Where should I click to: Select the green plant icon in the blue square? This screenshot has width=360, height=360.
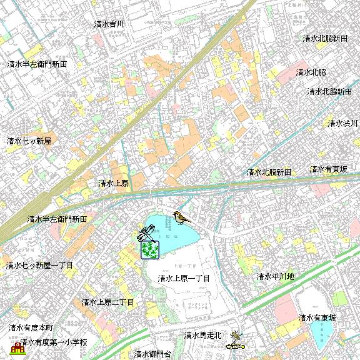point(150,250)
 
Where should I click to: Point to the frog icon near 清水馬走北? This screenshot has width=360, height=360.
point(236,336)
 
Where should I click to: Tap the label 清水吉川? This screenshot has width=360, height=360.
point(109,24)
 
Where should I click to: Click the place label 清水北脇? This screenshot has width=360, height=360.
point(311,72)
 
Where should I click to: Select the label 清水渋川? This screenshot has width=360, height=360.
point(343,123)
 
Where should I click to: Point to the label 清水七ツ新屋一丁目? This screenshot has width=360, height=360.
point(39,266)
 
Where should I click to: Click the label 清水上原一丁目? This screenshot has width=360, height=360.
point(183,278)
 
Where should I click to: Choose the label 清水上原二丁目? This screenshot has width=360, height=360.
point(107,302)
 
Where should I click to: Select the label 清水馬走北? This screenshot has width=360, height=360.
point(202,335)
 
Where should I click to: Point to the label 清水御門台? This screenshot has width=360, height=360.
point(152,354)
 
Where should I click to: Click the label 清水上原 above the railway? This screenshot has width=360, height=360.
point(113,184)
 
